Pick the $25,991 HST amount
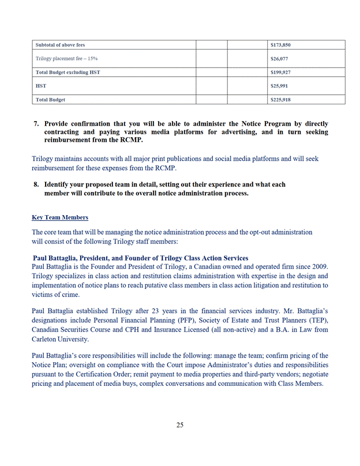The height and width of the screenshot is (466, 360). (x=280, y=86)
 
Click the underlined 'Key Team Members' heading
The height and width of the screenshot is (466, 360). (x=60, y=217)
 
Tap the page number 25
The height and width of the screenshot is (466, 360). (x=180, y=425)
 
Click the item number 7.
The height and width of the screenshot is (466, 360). (x=36, y=124)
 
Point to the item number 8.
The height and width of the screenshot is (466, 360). (x=36, y=185)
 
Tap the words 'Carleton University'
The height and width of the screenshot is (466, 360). (x=61, y=339)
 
